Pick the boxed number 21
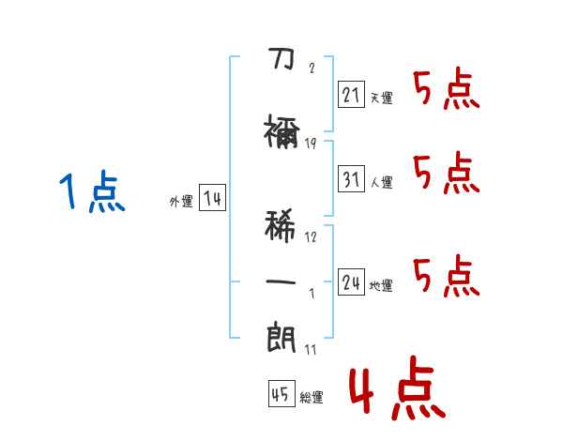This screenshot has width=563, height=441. click(x=351, y=94)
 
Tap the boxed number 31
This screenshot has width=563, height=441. click(x=351, y=179)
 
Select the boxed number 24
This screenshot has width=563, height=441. click(x=351, y=281)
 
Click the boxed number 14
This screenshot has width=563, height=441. click(x=211, y=198)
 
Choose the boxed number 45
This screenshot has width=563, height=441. click(x=279, y=394)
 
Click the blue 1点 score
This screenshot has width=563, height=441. click(x=91, y=193)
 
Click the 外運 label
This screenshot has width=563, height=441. click(x=180, y=201)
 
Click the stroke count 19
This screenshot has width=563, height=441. click(x=311, y=144)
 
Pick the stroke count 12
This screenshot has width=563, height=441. click(x=311, y=236)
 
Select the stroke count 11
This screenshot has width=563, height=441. click(x=311, y=349)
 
